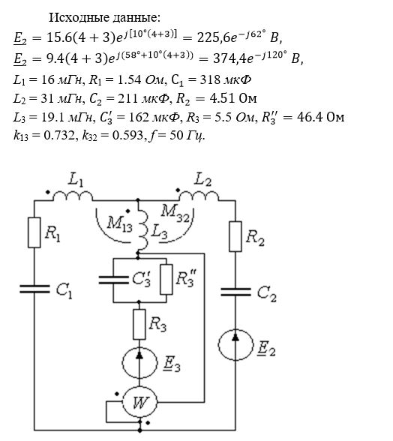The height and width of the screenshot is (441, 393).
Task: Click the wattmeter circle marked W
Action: click(x=139, y=403)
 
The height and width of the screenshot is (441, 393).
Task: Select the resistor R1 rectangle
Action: click(x=34, y=232)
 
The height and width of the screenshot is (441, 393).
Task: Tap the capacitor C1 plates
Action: click(x=34, y=289)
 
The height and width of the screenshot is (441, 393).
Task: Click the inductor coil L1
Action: click(x=73, y=196)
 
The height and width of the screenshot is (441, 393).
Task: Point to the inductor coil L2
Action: click(x=199, y=196)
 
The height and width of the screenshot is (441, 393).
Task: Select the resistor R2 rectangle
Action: click(x=235, y=236)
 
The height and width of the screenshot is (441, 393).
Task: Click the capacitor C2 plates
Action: click(x=235, y=292)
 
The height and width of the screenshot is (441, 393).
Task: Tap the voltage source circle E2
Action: click(x=235, y=344)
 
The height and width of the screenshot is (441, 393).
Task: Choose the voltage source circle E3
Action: click(x=139, y=363)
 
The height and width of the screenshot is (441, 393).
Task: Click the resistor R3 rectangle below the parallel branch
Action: click(x=139, y=324)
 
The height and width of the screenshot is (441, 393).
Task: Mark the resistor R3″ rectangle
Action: click(x=166, y=280)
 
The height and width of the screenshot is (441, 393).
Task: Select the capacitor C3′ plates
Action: click(x=113, y=280)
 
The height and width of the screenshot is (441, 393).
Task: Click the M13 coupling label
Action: click(x=119, y=224)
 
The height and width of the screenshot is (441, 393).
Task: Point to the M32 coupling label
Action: click(x=175, y=214)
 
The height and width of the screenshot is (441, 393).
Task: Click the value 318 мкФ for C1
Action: click(x=225, y=80)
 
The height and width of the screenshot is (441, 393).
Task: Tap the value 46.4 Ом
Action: click(x=320, y=116)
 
